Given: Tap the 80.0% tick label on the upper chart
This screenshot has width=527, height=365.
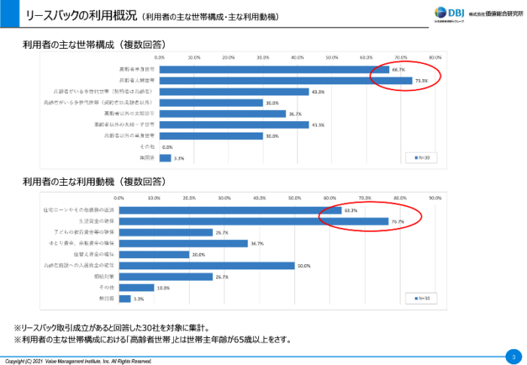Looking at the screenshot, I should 435,57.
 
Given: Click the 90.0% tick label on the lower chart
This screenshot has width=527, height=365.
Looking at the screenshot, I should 434,199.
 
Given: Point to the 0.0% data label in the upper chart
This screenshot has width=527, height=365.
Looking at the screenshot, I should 167,148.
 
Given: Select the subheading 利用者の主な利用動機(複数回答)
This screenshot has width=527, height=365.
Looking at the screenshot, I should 94,181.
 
